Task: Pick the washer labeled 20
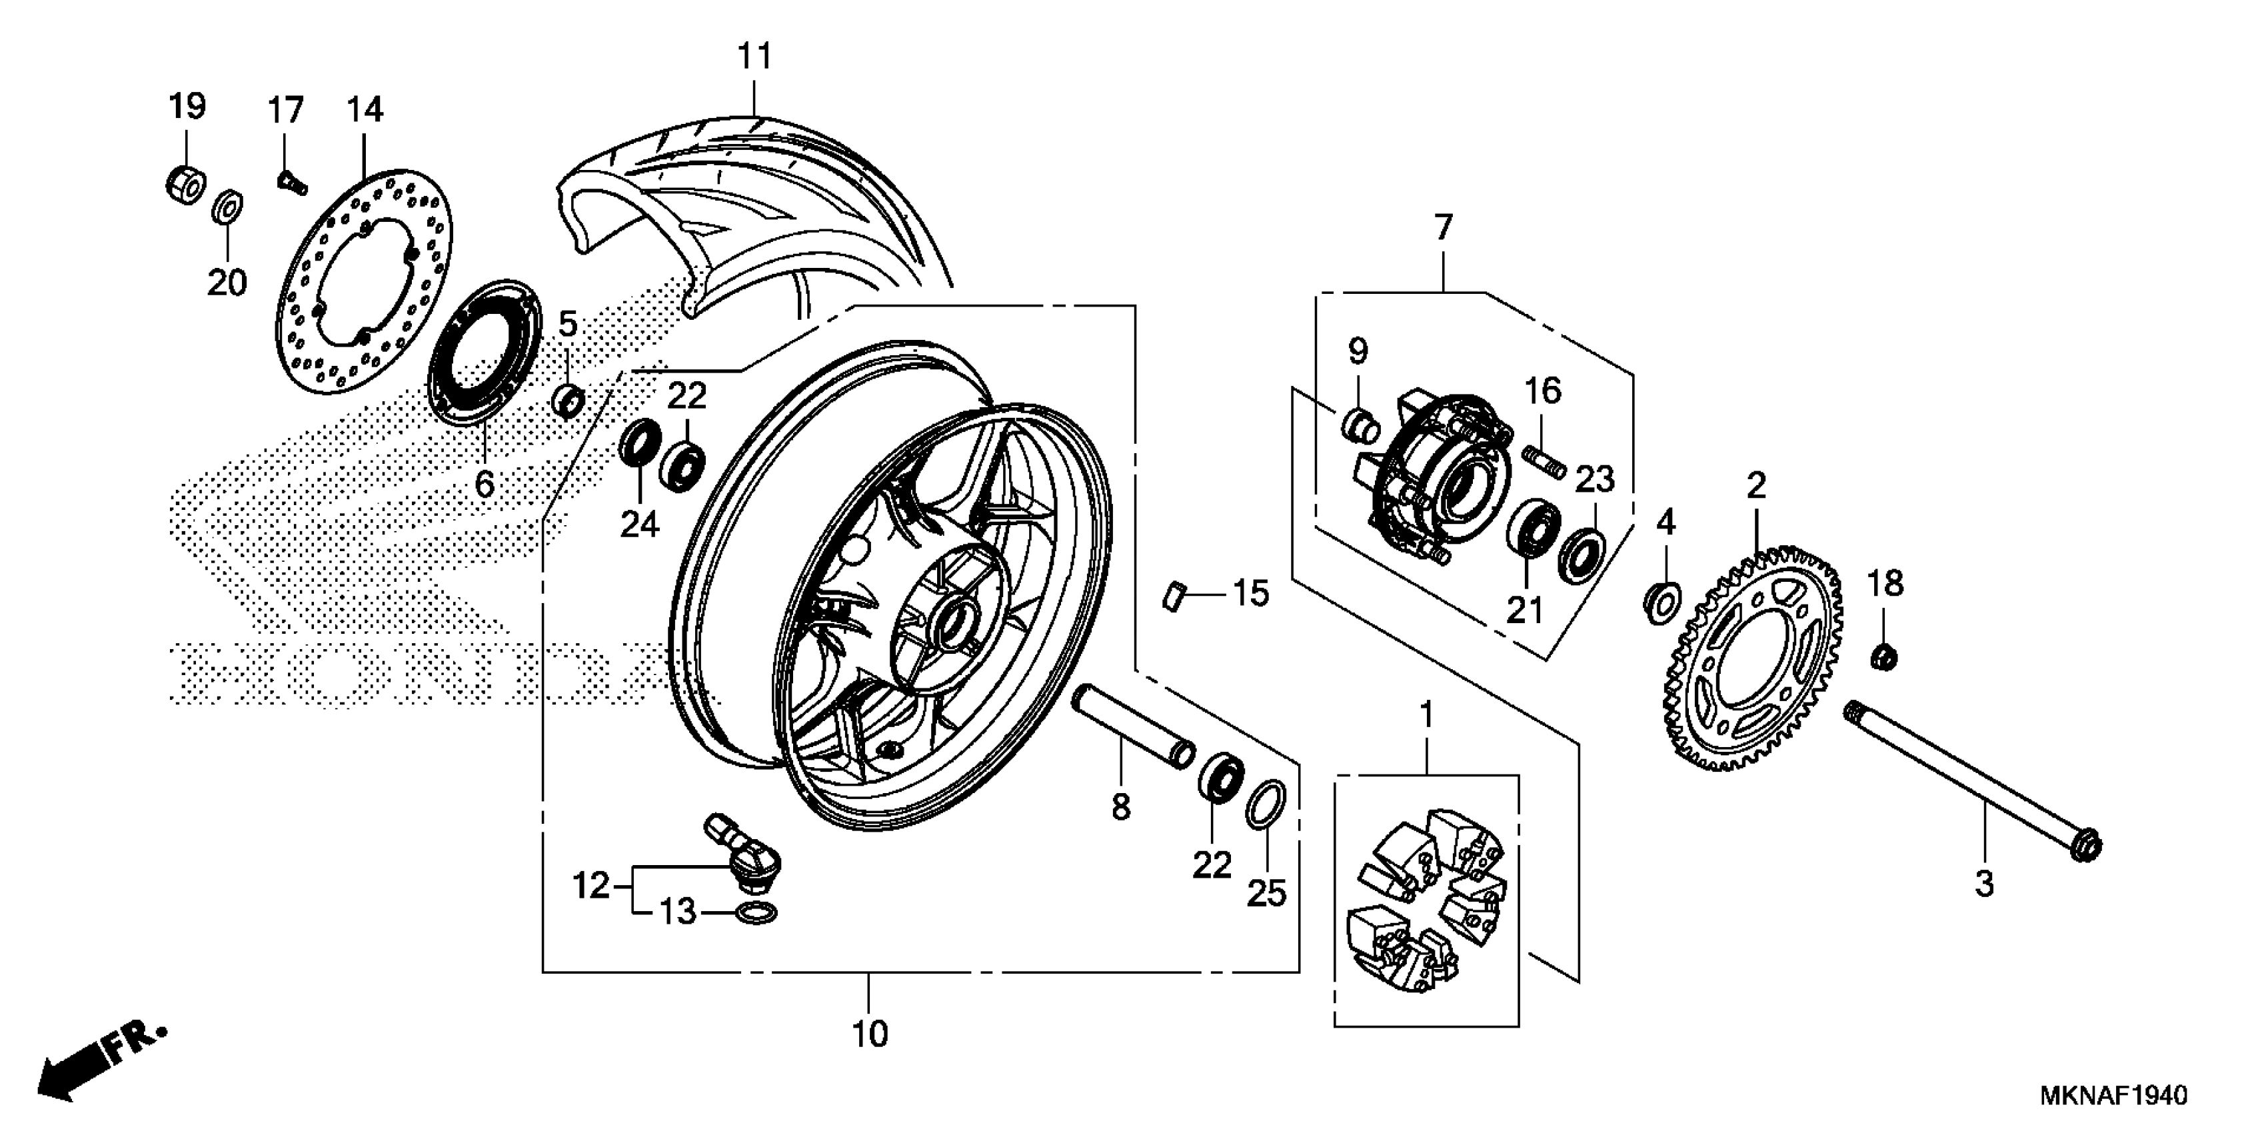point(229,207)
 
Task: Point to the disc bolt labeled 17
point(289,182)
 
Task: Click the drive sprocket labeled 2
point(1751,660)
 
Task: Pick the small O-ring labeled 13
point(754,914)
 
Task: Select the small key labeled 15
point(1171,596)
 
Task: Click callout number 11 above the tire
point(754,56)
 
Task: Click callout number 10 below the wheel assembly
point(870,1034)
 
